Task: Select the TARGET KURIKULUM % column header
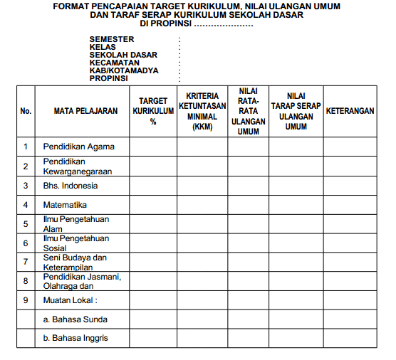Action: click(x=153, y=111)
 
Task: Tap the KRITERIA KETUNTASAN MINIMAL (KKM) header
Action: click(x=202, y=111)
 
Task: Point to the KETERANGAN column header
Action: click(x=350, y=111)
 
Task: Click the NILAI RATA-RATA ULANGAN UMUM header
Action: click(x=249, y=111)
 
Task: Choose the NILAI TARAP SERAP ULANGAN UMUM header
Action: click(x=296, y=111)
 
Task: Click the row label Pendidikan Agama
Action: click(x=78, y=147)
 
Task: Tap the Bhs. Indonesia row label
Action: click(x=71, y=186)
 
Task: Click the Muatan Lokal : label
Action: click(x=70, y=300)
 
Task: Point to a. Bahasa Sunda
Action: click(x=75, y=319)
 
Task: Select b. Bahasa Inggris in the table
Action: click(x=75, y=338)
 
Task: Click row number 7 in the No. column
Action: click(x=26, y=262)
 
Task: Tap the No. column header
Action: click(x=26, y=111)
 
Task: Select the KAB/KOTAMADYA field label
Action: click(x=124, y=70)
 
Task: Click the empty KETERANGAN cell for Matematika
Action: click(x=350, y=205)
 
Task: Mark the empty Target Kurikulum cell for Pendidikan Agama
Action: click(x=153, y=147)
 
